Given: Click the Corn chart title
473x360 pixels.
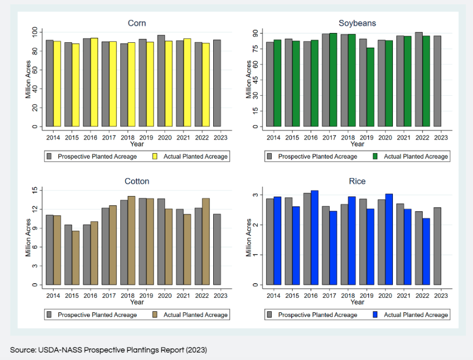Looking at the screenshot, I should pos(136,23).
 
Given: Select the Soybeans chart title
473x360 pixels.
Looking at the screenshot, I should pos(357,23).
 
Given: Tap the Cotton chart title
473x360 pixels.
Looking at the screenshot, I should pos(136,181).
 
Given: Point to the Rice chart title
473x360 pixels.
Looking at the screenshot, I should pos(357,181).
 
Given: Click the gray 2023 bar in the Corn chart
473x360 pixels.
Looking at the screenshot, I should pos(217,83).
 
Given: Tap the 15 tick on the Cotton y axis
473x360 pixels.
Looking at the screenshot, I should pos(34,191).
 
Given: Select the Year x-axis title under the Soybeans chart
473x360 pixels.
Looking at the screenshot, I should pos(357,144).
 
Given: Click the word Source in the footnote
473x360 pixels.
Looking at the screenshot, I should pos(21,350).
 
